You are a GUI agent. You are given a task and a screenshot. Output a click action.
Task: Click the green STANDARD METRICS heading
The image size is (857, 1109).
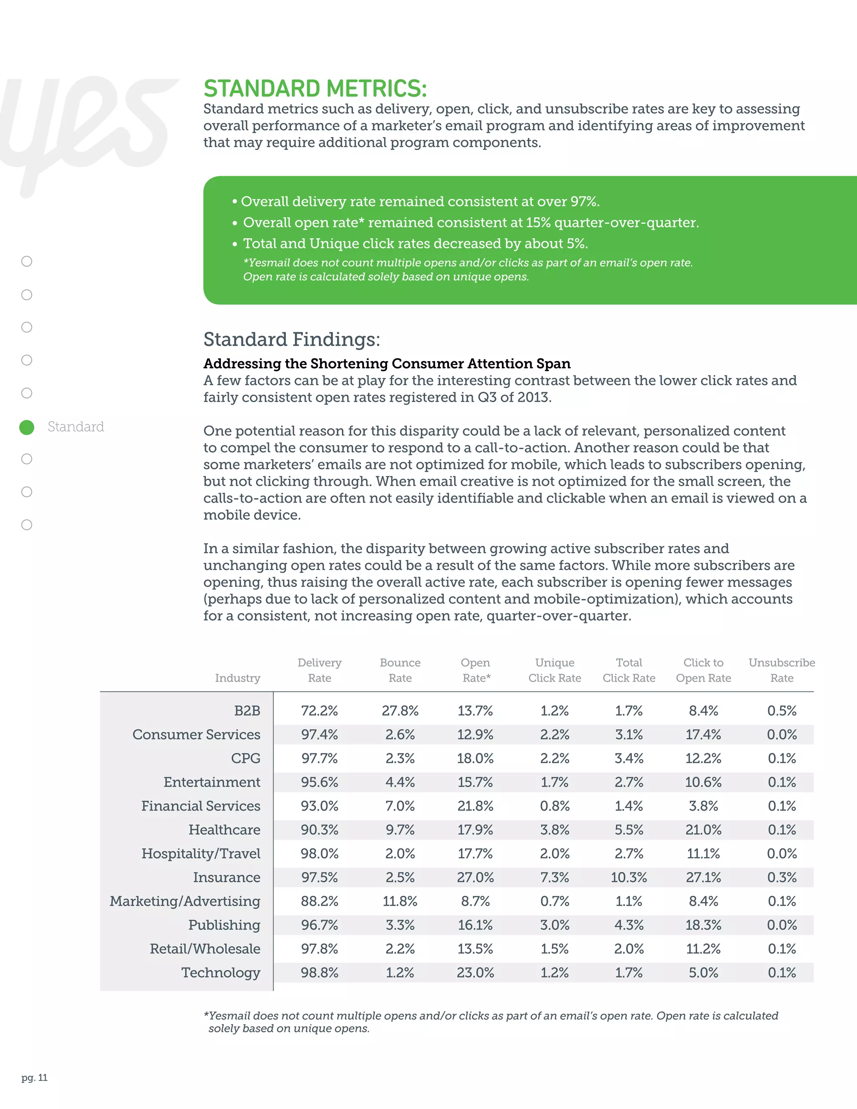(x=315, y=88)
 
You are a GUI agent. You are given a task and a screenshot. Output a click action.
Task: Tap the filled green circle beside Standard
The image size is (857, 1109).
(x=27, y=427)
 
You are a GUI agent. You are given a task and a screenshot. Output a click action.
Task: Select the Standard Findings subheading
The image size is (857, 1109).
(x=291, y=339)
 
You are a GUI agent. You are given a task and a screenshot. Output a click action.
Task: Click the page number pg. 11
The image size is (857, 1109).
(x=35, y=1078)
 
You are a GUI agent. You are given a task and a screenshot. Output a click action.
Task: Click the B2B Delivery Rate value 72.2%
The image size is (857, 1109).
(x=319, y=711)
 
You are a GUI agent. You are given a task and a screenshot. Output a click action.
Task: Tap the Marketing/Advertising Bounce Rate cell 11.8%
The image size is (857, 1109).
(x=400, y=901)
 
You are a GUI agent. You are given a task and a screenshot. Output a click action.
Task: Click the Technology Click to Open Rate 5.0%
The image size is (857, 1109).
(x=703, y=973)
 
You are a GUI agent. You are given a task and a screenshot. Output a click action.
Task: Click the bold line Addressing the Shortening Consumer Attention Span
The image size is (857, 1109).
(x=387, y=364)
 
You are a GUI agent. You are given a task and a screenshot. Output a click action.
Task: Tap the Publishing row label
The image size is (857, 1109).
(x=224, y=925)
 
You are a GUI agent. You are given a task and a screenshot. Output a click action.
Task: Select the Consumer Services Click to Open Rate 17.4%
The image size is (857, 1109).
(x=703, y=734)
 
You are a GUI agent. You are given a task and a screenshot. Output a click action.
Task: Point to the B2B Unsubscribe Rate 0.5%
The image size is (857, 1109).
(x=781, y=711)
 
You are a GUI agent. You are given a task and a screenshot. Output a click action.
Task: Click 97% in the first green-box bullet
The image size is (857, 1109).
(x=584, y=202)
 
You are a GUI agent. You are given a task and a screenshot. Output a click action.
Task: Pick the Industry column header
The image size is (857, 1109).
(x=237, y=678)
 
